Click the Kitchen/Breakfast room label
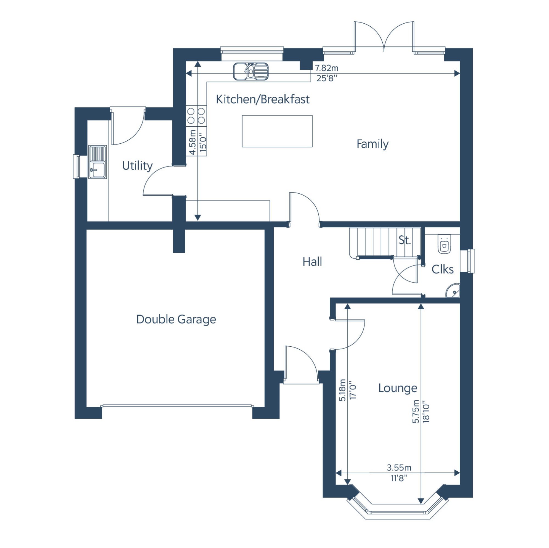point(263,99)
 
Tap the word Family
point(372,144)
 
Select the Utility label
point(137,166)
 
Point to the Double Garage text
point(176,319)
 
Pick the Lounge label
point(398,388)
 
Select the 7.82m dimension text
point(327,68)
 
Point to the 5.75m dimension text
point(416,411)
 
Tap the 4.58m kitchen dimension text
point(193,143)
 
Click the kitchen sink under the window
point(251,71)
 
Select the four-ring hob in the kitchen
point(196,115)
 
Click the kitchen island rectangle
point(277,131)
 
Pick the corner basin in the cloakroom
point(453,291)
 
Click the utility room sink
point(97,162)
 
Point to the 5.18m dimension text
point(342,390)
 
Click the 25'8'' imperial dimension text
point(327,78)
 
